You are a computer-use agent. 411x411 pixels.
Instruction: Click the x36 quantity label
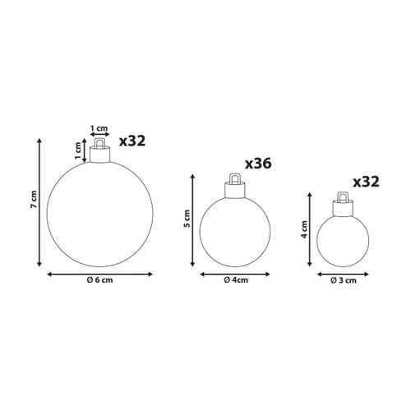(256, 164)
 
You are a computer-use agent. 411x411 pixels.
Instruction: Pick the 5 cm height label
(186, 219)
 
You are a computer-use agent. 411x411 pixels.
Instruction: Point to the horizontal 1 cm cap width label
(99, 128)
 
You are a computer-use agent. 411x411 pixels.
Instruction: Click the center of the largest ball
(99, 213)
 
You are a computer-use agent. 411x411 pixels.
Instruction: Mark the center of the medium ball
(237, 231)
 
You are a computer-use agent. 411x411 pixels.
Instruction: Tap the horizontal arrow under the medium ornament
(237, 272)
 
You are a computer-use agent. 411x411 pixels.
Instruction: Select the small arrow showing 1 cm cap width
(99, 136)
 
